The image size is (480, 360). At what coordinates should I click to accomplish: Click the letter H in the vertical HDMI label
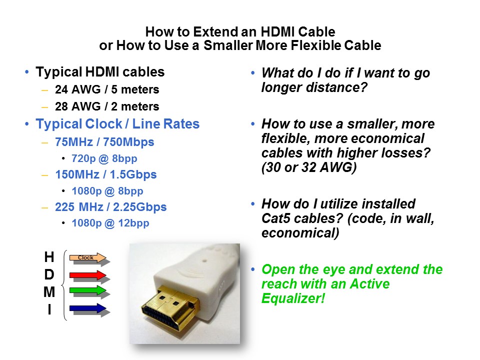point(49,257)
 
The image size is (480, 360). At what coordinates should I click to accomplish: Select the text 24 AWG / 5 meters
point(107,89)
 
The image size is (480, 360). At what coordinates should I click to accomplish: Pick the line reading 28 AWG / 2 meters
point(107,106)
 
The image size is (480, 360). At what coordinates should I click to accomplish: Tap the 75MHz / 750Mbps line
point(104,142)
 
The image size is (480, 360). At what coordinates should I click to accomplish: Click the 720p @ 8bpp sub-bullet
point(104,158)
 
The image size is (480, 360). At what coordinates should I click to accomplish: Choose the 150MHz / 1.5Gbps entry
point(106,174)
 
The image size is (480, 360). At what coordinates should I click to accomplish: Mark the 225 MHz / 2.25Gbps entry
point(111,207)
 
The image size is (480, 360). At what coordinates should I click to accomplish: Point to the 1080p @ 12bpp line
point(110,223)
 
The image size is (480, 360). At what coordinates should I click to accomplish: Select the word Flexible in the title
point(315,45)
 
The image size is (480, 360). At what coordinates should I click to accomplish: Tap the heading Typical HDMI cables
point(100,72)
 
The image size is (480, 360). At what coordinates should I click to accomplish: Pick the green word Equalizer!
point(293,298)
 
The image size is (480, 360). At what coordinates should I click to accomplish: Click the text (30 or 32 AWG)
point(309,167)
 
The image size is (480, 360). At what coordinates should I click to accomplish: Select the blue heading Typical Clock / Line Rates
point(117,124)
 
